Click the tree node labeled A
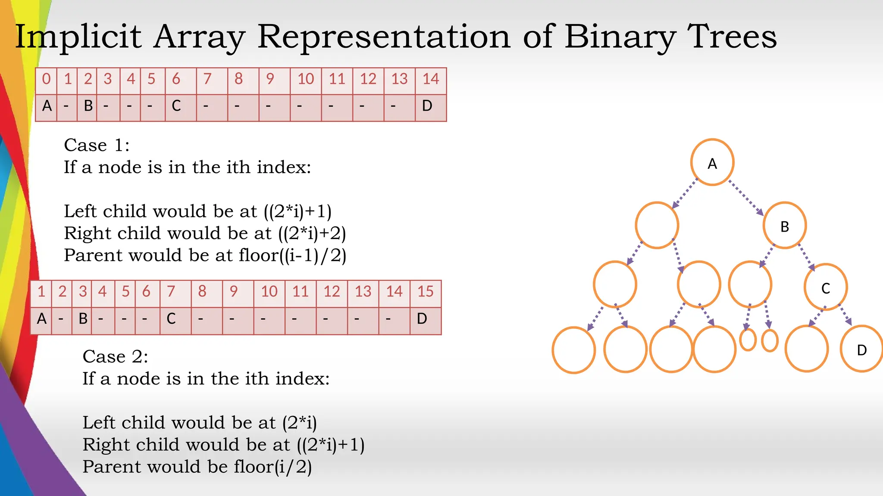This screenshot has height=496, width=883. point(712,162)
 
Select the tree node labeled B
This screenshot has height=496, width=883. point(785,226)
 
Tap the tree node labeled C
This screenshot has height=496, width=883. point(826,287)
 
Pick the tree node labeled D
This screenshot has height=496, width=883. point(861,349)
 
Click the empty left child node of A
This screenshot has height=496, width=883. point(657,225)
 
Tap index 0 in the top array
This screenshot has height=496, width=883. point(46,79)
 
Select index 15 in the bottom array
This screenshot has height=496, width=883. point(425,292)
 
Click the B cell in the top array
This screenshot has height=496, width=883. point(88,106)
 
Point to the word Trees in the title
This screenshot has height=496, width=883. point(732,37)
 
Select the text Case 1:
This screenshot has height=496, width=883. point(97,146)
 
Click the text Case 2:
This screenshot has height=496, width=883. point(115,357)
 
